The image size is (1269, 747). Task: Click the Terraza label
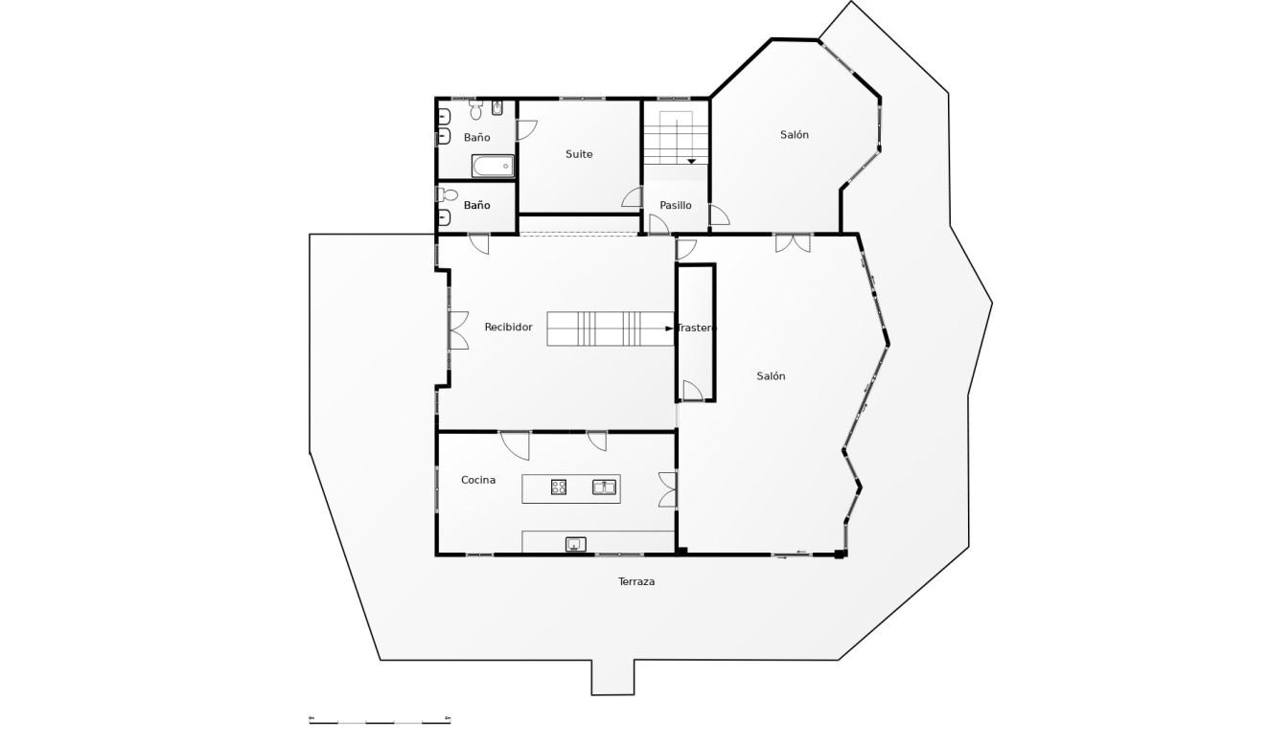coord(636,581)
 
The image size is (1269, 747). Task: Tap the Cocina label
coord(478,480)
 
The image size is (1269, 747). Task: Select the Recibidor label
coord(508,328)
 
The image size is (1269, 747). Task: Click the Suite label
coord(579,154)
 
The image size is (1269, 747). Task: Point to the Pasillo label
coord(676,205)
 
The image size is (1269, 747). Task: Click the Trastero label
coord(697,328)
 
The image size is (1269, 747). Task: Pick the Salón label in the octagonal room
coord(795,135)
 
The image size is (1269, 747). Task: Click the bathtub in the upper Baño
coord(493,168)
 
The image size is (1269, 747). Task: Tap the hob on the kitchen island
coord(559,487)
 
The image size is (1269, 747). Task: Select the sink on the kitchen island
coord(603,487)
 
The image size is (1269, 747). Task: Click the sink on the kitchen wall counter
coord(575,544)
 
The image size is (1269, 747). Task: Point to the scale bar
coord(380,720)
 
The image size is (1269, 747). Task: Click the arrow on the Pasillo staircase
coord(691,161)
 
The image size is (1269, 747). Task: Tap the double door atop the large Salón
coord(793,242)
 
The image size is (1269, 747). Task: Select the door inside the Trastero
coord(692,391)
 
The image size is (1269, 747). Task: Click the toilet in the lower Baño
coord(446,194)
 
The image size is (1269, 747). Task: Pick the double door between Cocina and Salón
coord(668,489)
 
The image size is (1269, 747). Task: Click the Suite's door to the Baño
coord(526,129)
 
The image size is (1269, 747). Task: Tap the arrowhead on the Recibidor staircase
coord(670,328)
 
